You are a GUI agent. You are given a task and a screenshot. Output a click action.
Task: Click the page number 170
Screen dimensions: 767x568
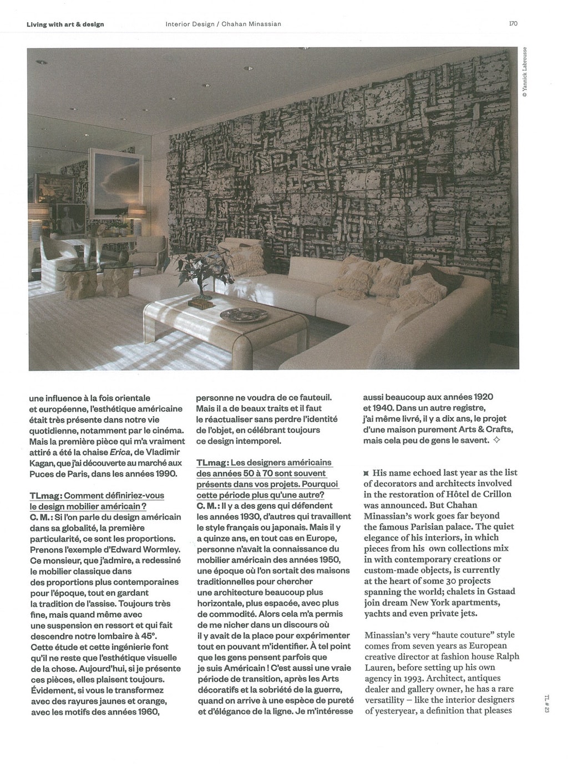[513, 24]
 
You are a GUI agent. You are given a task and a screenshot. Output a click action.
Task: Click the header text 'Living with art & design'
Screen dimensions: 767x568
[65, 24]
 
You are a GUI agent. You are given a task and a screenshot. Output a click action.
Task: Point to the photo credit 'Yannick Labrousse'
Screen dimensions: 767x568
[531, 73]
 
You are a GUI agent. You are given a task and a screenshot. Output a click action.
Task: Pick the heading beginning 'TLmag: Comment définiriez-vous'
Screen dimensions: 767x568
[97, 495]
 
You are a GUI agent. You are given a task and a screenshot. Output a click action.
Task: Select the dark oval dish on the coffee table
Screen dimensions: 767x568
[237, 315]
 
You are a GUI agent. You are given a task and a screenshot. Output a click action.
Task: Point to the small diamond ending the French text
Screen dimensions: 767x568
[496, 441]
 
